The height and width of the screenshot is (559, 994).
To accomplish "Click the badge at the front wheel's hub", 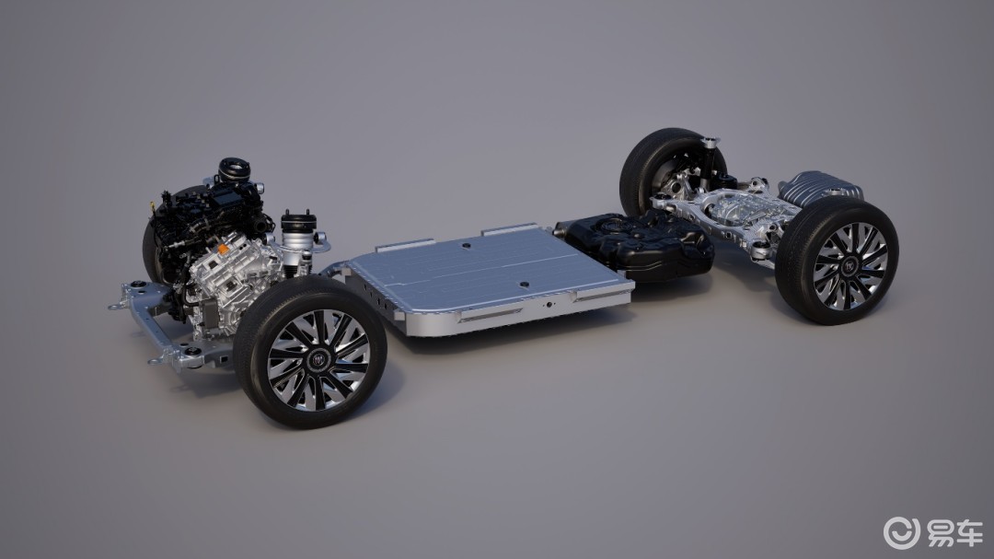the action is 318,360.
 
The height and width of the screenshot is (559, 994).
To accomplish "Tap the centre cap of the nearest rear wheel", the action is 849,266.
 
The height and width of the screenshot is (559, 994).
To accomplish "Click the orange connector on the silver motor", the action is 224,250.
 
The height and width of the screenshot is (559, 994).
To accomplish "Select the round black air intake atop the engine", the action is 234,169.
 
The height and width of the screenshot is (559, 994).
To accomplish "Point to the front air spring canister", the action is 298,234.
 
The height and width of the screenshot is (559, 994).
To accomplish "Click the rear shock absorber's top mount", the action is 711,142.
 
